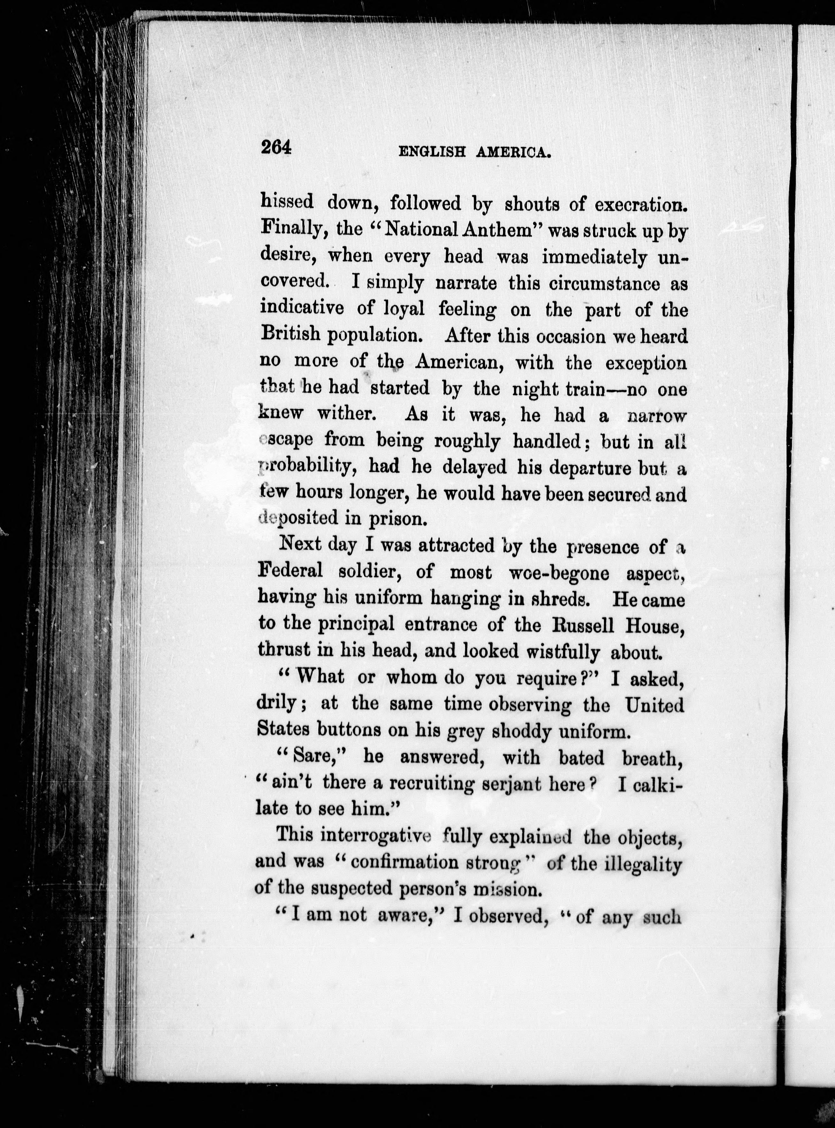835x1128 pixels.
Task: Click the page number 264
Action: point(277,148)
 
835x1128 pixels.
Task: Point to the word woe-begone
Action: point(558,573)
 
